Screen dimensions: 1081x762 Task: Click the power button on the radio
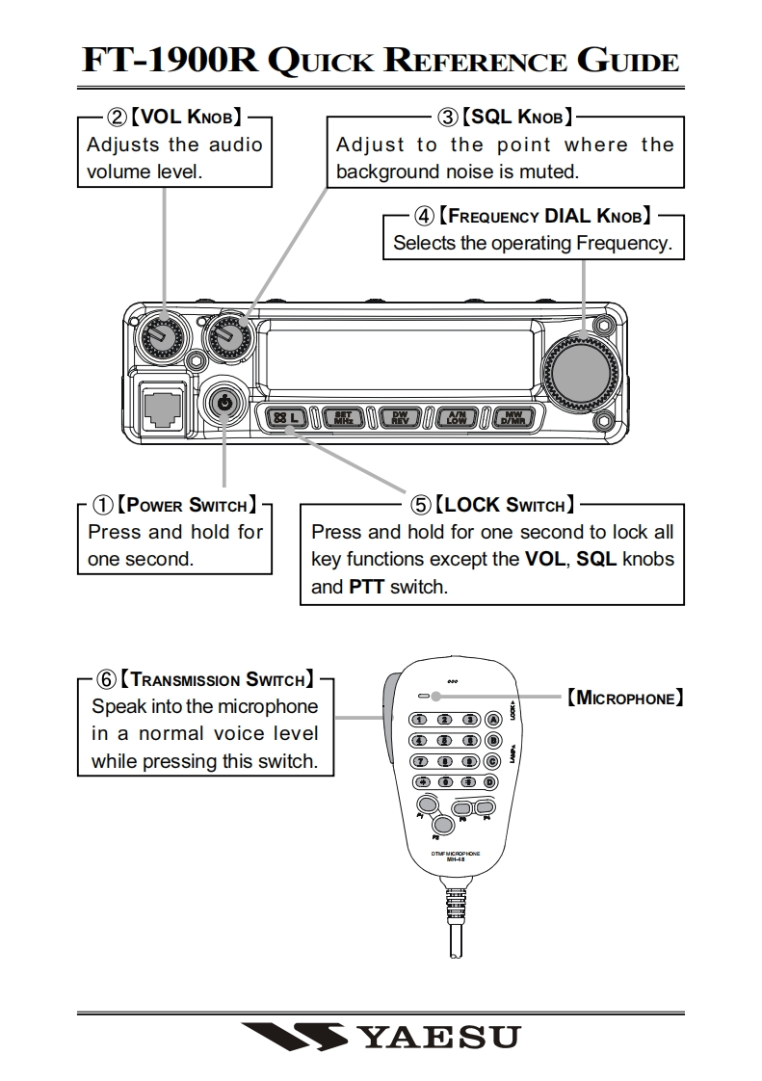pyautogui.click(x=224, y=403)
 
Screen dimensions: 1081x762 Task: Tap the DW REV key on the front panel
pyautogui.click(x=399, y=417)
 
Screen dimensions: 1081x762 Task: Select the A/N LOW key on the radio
pyautogui.click(x=456, y=417)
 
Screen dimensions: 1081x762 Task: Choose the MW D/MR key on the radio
pyautogui.click(x=512, y=417)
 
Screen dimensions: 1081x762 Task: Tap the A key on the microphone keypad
pyautogui.click(x=492, y=719)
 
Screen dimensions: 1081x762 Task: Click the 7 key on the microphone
pyautogui.click(x=420, y=761)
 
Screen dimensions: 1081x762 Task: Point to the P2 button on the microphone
pyautogui.click(x=442, y=825)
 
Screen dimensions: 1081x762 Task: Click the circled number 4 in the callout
pyautogui.click(x=424, y=215)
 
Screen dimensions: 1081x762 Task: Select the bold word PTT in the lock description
pyautogui.click(x=367, y=586)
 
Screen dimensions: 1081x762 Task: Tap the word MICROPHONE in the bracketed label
pyautogui.click(x=626, y=698)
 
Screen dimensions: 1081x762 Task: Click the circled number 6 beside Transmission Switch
pyautogui.click(x=106, y=679)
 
